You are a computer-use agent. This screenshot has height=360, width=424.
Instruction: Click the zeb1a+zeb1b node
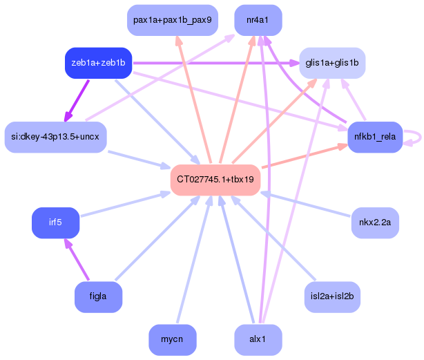pos(98,63)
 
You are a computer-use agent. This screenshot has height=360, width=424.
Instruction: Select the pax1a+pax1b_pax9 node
pos(173,20)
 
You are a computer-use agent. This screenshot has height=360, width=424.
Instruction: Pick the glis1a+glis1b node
pos(331,63)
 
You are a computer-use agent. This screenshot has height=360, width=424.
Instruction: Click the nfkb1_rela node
pos(375,137)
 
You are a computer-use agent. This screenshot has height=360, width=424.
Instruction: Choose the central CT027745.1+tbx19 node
pos(215,180)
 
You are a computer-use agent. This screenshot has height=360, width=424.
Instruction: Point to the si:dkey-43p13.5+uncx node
pos(55,137)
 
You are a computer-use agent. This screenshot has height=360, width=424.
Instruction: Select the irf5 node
pos(55,222)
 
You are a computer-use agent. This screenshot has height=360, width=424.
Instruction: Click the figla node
pos(98,296)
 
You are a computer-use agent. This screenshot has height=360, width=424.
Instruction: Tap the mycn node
pos(172,340)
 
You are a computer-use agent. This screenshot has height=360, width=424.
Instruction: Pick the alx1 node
pos(258,340)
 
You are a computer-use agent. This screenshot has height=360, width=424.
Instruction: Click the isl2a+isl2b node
pos(332,296)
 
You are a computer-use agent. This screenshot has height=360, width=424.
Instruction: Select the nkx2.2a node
pos(375,222)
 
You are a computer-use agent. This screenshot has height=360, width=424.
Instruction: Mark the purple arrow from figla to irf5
pos(77,260)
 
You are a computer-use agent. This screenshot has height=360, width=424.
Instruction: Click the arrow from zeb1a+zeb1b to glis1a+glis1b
pos(214,64)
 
